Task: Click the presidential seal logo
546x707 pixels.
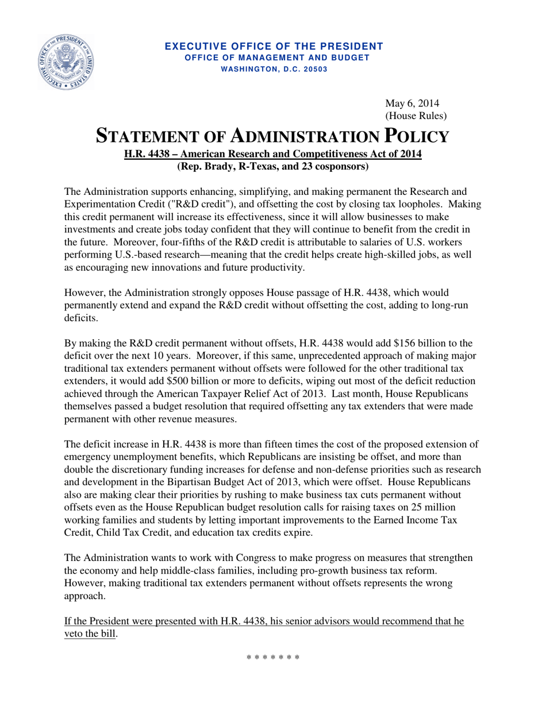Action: (66, 62)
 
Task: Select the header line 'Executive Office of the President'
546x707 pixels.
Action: (274, 46)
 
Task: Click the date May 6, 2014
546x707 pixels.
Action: (412, 104)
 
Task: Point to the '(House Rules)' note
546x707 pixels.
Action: (416, 116)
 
